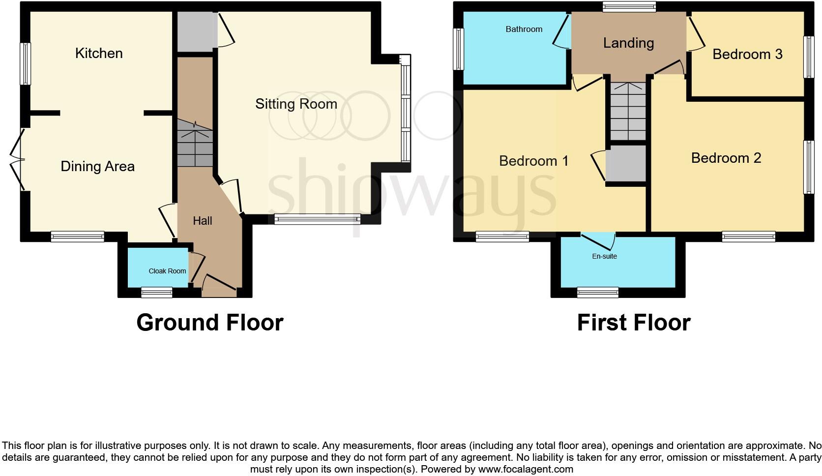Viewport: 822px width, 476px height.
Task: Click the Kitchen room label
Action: [x=99, y=53]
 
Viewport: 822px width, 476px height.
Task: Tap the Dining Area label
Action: [x=97, y=166]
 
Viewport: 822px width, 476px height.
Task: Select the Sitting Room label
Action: [x=296, y=104]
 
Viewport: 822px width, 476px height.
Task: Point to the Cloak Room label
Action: [x=167, y=271]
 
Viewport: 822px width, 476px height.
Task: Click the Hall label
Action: [x=202, y=221]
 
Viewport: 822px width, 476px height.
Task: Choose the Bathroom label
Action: [x=524, y=30]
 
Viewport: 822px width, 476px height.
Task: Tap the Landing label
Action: [x=628, y=43]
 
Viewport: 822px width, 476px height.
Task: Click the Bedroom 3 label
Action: [x=747, y=54]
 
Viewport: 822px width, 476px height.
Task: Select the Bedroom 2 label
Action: [x=726, y=158]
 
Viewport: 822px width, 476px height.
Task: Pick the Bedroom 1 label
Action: [x=533, y=161]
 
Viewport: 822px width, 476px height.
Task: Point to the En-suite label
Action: [x=604, y=256]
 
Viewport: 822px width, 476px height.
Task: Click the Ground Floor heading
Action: [x=209, y=323]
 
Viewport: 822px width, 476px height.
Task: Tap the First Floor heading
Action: [x=633, y=323]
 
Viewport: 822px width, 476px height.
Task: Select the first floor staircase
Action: [x=628, y=112]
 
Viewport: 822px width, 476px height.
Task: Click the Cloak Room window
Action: [x=157, y=293]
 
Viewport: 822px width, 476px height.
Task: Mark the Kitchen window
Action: [x=25, y=64]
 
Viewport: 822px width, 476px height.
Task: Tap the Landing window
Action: [x=629, y=6]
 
